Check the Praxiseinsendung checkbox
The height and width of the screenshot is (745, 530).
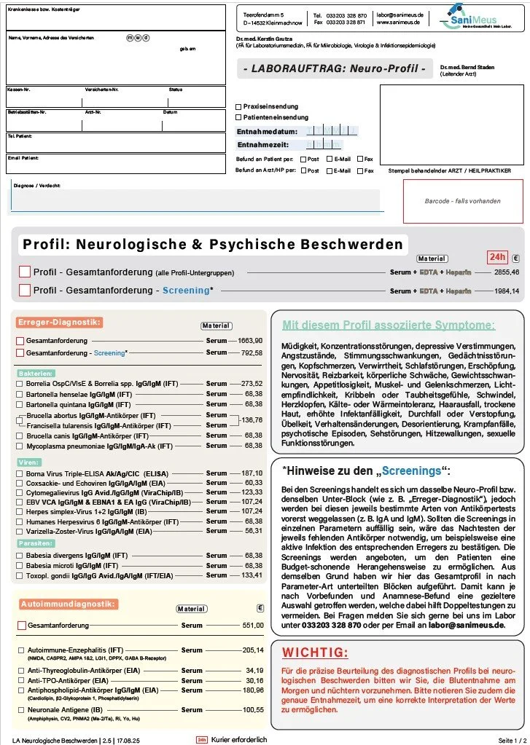coord(238,106)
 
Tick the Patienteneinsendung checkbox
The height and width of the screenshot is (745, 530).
coord(238,117)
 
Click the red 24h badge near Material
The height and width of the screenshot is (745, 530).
coord(496,257)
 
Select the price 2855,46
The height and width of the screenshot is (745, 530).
coord(506,272)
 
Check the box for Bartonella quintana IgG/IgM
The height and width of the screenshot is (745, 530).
coord(20,404)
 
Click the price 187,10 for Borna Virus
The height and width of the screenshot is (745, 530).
coord(252,473)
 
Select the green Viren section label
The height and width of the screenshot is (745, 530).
coord(29,462)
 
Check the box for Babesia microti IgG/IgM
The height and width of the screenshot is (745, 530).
coord(20,565)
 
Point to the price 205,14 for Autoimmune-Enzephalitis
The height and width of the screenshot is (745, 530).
coord(252,650)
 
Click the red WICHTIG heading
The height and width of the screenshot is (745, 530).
coord(315,652)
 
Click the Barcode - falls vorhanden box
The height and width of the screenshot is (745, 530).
coord(463,200)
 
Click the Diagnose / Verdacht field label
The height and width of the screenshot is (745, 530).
coord(36,186)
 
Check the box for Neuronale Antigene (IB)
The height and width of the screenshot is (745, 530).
coord(20,710)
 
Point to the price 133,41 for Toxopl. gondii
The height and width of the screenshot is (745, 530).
coord(252,575)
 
